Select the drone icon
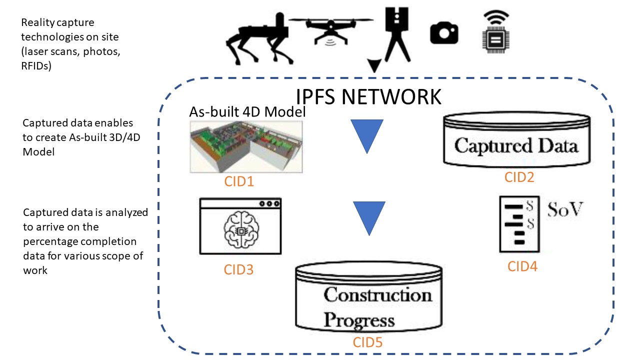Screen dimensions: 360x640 [331, 28]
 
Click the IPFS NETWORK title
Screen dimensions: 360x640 [368, 96]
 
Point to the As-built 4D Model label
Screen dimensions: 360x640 [247, 112]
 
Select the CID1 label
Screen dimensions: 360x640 [239, 181]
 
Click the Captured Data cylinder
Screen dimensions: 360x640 [517, 141]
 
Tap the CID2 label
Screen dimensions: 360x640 [519, 176]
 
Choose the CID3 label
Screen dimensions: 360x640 [238, 270]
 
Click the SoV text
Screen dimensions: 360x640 [565, 209]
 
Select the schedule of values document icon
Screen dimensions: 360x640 [518, 224]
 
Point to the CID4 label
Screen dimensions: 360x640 [522, 266]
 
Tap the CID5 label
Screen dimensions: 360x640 [368, 342]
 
